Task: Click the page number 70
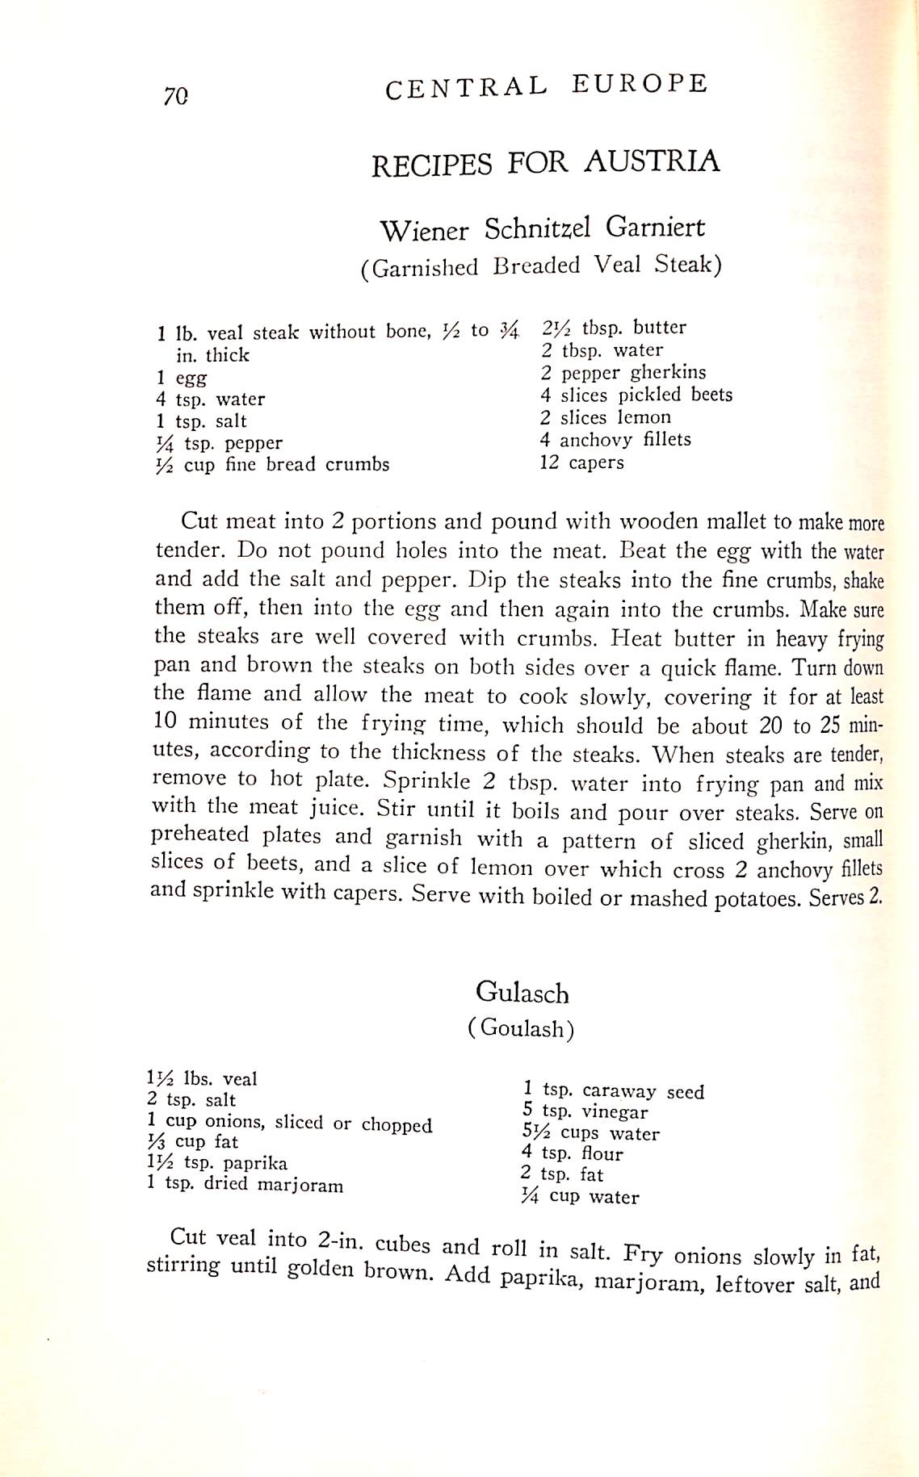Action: point(175,97)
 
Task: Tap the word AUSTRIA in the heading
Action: point(652,161)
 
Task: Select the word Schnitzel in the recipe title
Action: point(537,229)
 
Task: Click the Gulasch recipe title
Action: point(522,992)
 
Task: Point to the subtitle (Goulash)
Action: point(521,1028)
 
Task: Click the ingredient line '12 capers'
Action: point(581,462)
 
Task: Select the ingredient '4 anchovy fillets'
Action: point(615,440)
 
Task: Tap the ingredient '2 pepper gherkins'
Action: point(623,373)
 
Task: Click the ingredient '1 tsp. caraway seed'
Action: point(613,1091)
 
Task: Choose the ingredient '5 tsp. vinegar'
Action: point(585,1112)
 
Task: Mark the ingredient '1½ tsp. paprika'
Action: point(216,1163)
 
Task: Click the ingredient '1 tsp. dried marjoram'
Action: point(245,1185)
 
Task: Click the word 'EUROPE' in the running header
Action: point(639,84)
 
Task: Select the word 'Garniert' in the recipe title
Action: point(655,227)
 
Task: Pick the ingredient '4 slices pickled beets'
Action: point(636,395)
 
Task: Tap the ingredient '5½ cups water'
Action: point(590,1133)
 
